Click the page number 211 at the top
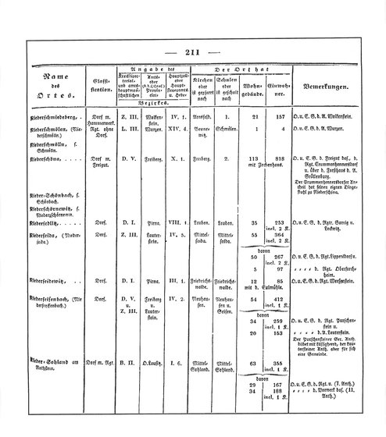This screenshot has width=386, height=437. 193,53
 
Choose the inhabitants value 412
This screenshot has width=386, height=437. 274,297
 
